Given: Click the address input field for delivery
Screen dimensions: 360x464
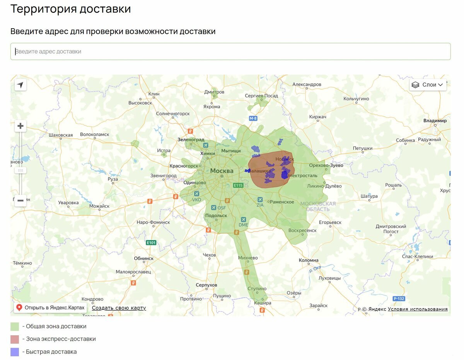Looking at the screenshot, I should pos(230,51).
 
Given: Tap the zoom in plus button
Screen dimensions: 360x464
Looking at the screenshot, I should pos(20,126).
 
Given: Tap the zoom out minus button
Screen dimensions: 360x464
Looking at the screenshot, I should pos(20,200).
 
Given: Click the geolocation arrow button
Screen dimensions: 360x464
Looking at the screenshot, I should pos(20,85).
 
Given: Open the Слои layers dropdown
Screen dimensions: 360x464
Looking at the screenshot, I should pos(428,85).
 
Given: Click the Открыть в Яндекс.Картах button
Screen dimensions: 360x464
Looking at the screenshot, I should pos(50,308).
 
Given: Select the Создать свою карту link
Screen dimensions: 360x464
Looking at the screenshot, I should pos(119,308).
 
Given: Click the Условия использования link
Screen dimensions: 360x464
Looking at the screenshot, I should pos(418,309).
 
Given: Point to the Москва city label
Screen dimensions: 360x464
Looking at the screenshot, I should pos(222,171).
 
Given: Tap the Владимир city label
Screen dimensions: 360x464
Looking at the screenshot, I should pos(435,121).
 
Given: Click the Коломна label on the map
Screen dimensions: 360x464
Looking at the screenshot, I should pos(309,260).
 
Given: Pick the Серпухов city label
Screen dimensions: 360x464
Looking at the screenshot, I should pos(206,285).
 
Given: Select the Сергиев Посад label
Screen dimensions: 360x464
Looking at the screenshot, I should pos(261,96).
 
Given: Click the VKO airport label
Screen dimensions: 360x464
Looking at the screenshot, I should pos(197,200).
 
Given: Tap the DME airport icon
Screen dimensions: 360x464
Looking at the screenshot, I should pos(243,219).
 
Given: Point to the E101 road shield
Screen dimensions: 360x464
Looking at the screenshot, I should pos(151,243).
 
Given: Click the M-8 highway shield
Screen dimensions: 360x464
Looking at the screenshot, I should pos(253,118).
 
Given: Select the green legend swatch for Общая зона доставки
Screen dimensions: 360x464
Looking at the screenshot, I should pos(15,326).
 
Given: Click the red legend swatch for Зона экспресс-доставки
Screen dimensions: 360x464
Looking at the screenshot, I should pos(15,339).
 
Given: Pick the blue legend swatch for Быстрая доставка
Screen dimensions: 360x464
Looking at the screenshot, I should pos(15,352).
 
